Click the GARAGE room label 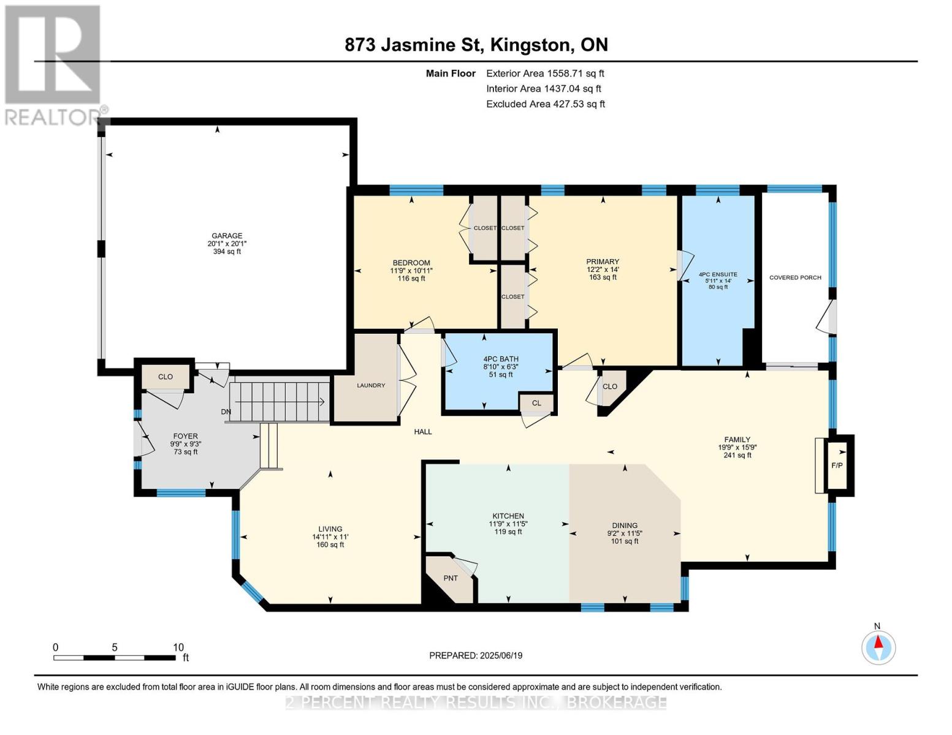point(227,236)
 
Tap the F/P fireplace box point(837,466)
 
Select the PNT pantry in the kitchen point(451,578)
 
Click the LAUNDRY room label point(371,385)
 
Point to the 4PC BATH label point(500,359)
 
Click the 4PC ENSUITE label point(718,275)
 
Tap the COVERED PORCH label point(795,277)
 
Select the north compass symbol point(878,647)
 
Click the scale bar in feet point(114,658)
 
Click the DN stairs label point(226,412)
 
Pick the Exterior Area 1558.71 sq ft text point(545,73)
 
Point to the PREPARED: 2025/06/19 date point(476,655)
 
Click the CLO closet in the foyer point(166,377)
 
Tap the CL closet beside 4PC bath point(536,403)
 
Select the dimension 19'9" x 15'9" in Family point(737,447)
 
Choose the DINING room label point(625,526)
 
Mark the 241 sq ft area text point(737,455)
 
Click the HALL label point(423,432)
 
